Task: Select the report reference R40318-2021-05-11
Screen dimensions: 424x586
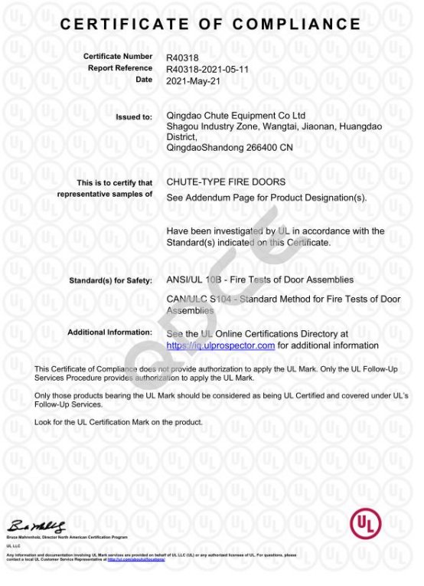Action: coord(207,68)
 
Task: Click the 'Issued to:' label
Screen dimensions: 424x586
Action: coord(134,117)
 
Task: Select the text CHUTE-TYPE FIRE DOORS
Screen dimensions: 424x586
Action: coord(226,182)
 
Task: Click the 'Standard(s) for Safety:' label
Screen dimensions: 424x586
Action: coord(111,281)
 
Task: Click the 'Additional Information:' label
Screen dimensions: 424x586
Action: coord(109,332)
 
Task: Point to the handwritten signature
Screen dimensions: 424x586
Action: coord(38,526)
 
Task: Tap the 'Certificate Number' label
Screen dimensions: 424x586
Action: coord(118,57)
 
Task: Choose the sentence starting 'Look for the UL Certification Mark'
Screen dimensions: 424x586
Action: coord(119,422)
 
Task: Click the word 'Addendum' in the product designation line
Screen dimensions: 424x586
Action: coord(210,198)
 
